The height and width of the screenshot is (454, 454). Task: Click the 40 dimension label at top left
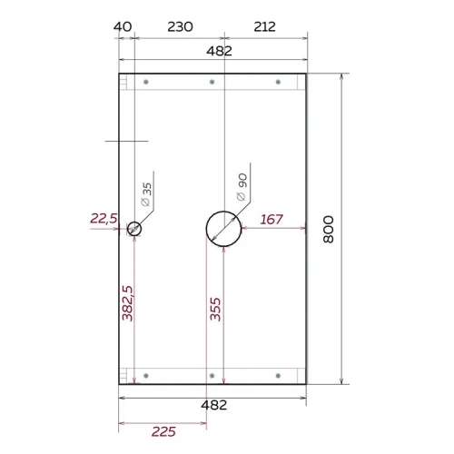pos(123,27)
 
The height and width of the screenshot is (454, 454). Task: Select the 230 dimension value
pos(180,27)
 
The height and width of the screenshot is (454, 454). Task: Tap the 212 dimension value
pos(264,27)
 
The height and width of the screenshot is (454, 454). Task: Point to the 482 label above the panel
pos(219,51)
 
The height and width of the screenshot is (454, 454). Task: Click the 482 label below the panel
pos(214,405)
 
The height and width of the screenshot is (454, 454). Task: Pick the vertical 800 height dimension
pos(329,229)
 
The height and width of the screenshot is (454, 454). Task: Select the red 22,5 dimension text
pos(104,218)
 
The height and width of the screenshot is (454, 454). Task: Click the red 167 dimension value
pos(271,220)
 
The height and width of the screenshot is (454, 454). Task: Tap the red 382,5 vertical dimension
pos(127,303)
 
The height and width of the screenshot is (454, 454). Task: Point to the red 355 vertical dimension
pos(215,309)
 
